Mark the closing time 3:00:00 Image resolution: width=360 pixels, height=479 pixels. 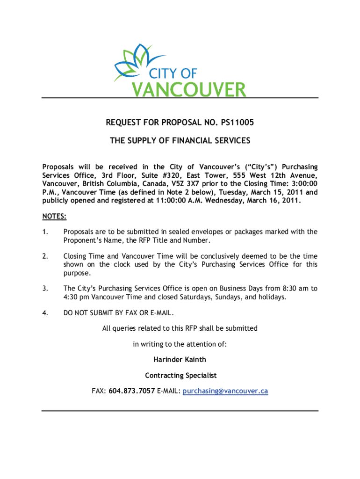(x=302, y=184)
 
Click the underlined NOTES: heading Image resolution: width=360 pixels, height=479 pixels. (x=54, y=217)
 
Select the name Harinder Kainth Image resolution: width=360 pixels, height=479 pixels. (x=180, y=360)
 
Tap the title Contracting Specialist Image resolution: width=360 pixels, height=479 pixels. (x=180, y=376)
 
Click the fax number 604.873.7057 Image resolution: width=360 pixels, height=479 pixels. (x=132, y=391)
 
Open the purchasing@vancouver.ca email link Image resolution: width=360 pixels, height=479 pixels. (x=225, y=392)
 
